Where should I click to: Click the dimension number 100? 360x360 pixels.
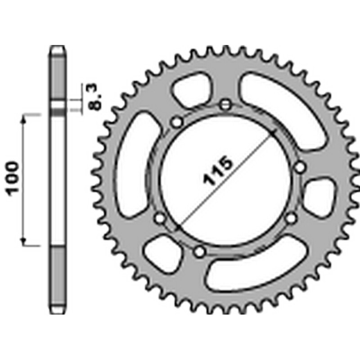13,179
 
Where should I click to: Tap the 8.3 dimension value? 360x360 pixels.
94,97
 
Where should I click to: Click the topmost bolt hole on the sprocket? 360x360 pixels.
226,105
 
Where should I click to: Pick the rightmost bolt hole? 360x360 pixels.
300,167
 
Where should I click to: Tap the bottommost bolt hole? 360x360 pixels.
199,252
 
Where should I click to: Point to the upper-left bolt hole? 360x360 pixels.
177,122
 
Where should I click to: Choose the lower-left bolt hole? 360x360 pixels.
160,218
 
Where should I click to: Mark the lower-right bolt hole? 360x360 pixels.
291,218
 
